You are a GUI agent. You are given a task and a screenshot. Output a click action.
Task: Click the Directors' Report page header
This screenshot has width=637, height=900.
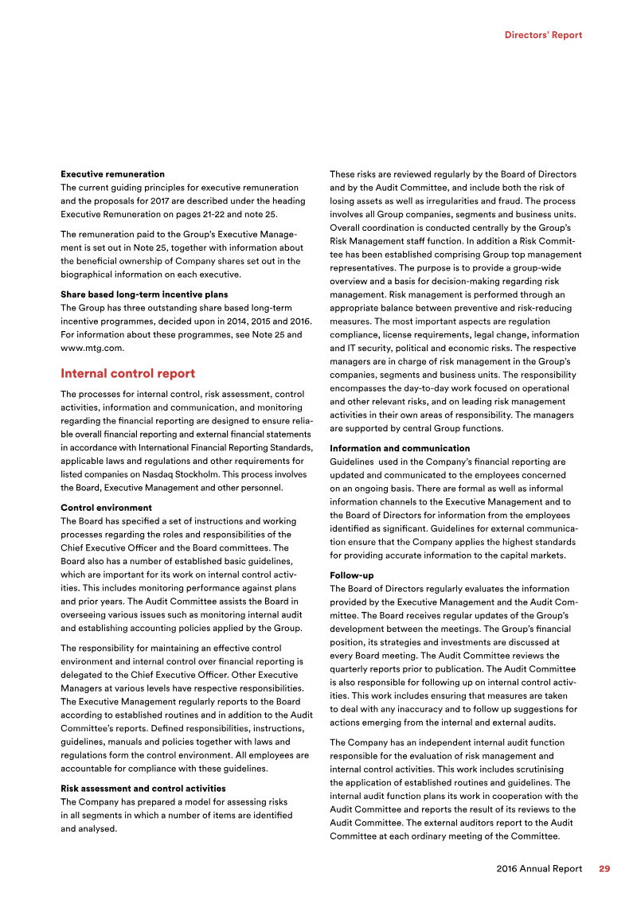coord(543,35)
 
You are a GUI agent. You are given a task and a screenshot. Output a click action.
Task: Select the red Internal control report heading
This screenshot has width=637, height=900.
coord(127,373)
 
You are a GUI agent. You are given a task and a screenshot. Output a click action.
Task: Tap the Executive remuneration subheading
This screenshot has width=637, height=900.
coord(112,173)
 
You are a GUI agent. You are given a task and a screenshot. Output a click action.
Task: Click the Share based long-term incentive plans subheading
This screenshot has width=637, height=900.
coord(144,294)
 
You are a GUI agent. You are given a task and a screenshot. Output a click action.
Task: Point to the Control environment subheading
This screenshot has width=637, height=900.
coord(106,507)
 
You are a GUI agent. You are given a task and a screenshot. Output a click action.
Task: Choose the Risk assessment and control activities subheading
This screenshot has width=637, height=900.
coord(143,788)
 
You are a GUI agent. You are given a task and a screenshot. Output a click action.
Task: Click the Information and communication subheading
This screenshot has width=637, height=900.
coord(400,448)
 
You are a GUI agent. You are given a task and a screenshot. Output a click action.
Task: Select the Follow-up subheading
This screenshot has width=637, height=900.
coord(351,575)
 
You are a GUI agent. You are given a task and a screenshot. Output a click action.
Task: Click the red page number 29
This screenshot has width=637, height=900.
coord(604,869)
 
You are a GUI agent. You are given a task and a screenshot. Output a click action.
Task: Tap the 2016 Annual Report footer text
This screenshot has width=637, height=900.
coord(539,869)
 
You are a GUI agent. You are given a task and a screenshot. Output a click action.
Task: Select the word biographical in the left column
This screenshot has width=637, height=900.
coord(91,274)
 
